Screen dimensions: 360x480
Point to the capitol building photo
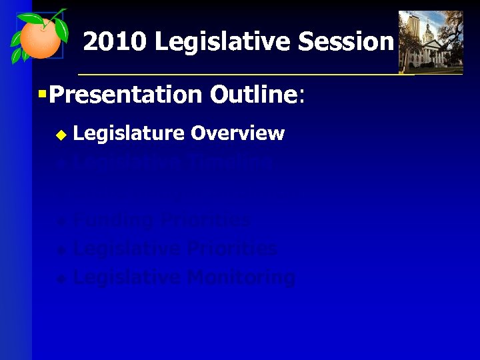pyautogui.click(x=430, y=41)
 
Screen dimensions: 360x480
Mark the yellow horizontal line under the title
pyautogui.click(x=267, y=74)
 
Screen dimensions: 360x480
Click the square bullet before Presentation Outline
pyautogui.click(x=42, y=95)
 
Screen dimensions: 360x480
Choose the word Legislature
pyautogui.click(x=129, y=133)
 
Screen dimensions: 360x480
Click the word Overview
pyautogui.click(x=237, y=133)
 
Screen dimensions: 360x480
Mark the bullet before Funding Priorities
pyautogui.click(x=61, y=221)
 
